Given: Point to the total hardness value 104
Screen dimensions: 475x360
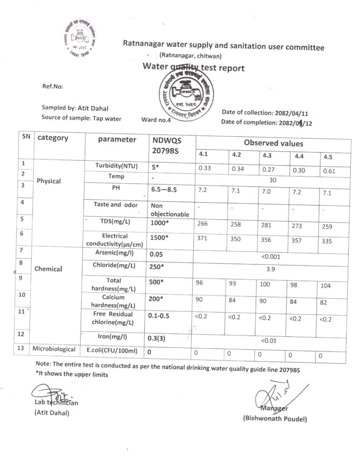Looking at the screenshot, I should [326, 286].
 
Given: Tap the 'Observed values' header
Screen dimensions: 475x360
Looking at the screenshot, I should [273, 143].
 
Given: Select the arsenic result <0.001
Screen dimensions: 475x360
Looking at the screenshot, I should [271, 256].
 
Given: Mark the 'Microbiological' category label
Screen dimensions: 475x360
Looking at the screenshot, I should [53, 348].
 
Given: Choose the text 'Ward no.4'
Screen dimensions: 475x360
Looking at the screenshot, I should [156, 119].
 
